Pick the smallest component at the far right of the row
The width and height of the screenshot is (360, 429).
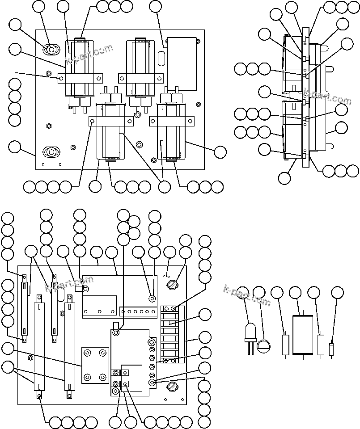point(331,349)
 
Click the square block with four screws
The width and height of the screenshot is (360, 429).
point(95,366)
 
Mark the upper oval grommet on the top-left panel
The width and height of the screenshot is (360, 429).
point(51,49)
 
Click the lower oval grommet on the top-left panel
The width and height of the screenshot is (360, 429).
point(51,152)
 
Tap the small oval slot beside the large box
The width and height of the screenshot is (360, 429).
point(161,58)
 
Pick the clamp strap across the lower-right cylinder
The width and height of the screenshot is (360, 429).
point(171,121)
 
